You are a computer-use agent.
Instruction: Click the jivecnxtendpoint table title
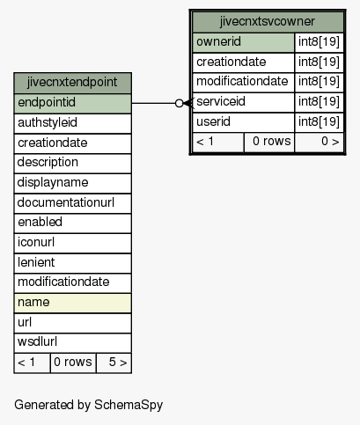72,83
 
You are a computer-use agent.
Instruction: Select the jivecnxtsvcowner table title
268,22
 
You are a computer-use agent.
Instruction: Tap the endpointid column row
72,103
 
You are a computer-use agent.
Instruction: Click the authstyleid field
72,123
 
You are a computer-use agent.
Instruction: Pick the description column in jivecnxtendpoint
72,163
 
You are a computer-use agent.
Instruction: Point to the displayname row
72,183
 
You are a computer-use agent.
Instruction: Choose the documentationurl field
72,203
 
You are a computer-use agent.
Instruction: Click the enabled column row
72,223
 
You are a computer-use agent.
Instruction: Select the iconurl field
72,243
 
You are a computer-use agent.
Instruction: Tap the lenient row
72,263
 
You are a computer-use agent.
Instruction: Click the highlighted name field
72,303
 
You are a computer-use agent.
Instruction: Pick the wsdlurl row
72,342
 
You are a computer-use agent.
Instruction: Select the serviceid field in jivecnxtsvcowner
243,102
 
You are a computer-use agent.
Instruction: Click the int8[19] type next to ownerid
319,42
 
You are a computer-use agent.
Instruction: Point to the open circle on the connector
179,103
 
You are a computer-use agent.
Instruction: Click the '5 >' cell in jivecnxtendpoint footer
114,363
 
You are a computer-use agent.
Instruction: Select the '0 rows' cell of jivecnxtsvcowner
269,143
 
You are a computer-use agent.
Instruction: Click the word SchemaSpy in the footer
129,406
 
